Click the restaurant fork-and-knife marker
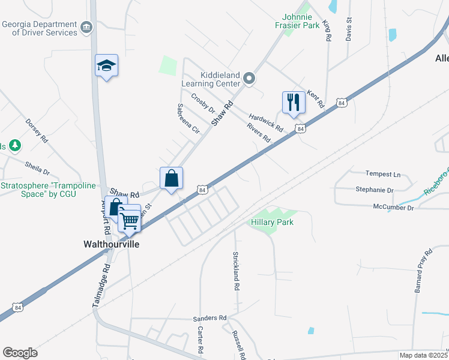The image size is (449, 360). pos(294,102)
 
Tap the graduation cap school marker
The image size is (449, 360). pos(106,65)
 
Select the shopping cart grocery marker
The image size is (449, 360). pos(130,221)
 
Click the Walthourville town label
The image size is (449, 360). pos(110,245)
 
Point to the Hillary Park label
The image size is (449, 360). pos(272,222)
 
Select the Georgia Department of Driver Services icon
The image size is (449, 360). pos(86,27)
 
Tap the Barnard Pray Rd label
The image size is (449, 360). pos(423,271)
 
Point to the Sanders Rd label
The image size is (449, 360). pos(209,318)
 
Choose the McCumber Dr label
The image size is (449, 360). pos(393,208)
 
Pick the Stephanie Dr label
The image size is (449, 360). pos(374,190)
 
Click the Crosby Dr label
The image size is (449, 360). pos(203,103)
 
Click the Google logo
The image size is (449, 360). pos(20,353)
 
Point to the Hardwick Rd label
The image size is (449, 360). pos(266,123)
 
